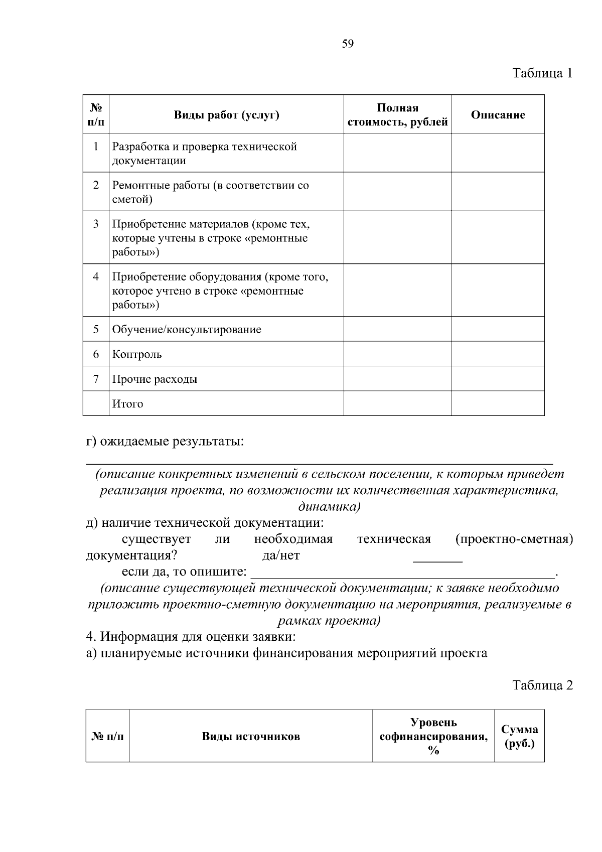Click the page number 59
pyautogui.click(x=348, y=44)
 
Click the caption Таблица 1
pyautogui.click(x=542, y=73)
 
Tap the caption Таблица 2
pyautogui.click(x=542, y=685)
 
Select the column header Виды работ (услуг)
pyautogui.click(x=226, y=115)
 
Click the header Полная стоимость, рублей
pyautogui.click(x=397, y=115)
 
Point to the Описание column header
pyautogui.click(x=498, y=115)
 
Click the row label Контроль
pyautogui.click(x=137, y=355)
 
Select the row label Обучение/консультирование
pyautogui.click(x=187, y=330)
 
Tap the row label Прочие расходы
pyautogui.click(x=155, y=379)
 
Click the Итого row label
pyautogui.click(x=127, y=404)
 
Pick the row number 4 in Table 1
pyautogui.click(x=96, y=277)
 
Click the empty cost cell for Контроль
pyautogui.click(x=397, y=354)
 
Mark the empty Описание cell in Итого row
pyautogui.click(x=498, y=403)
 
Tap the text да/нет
pyautogui.click(x=281, y=555)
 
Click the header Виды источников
pyautogui.click(x=251, y=737)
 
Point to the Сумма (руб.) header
pyautogui.click(x=519, y=737)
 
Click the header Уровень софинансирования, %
pyautogui.click(x=433, y=737)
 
